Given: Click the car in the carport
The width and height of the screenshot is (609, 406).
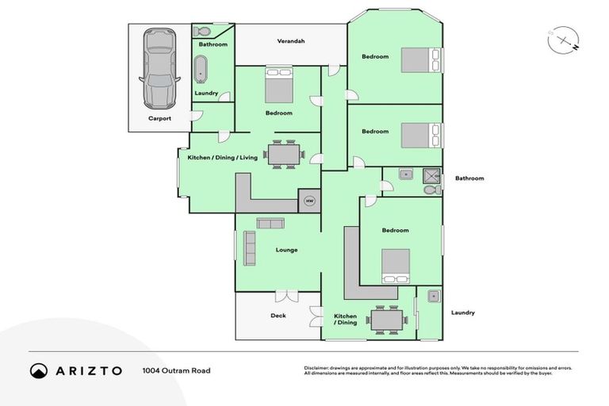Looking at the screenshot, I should tap(159, 69).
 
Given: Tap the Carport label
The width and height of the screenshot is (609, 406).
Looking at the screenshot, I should tap(159, 118).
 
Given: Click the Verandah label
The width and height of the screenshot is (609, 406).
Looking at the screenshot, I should tap(291, 41).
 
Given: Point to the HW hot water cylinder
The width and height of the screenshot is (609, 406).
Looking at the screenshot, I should tap(309, 201).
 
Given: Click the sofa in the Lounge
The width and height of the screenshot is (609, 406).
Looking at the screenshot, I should tap(249, 247).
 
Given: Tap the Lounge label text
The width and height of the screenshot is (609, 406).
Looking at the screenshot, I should tap(286, 250).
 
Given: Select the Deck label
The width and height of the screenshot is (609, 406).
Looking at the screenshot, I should tap(278, 316).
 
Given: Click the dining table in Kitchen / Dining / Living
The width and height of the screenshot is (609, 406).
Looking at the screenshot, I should tap(284, 154).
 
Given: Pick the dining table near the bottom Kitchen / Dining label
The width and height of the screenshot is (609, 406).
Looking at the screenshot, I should tap(388, 320).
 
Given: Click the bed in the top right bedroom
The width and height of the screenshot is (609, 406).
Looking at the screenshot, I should tap(421, 59).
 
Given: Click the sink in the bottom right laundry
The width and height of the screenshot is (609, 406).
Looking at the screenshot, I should tap(432, 297).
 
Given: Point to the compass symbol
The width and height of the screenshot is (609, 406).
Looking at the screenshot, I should tap(562, 39).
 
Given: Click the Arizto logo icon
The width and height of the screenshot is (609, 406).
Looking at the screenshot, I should tap(39, 370).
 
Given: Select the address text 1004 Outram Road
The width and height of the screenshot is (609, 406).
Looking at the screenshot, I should tap(176, 370).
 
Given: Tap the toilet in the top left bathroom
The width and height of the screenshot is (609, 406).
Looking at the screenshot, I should tap(201, 32).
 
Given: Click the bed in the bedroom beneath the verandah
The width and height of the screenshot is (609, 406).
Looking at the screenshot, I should tap(278, 83).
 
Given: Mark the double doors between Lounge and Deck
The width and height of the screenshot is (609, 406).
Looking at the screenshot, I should tap(281, 297).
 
